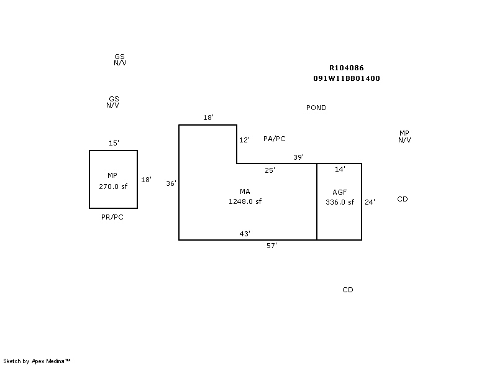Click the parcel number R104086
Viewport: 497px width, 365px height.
coord(347,68)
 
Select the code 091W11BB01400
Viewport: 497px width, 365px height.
coord(347,79)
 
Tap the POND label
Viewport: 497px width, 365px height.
coord(316,108)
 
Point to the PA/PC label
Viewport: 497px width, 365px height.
coord(274,139)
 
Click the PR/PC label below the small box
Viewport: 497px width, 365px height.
coord(112,217)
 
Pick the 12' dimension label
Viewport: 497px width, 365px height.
coord(244,141)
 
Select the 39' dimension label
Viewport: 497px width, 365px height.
coord(298,157)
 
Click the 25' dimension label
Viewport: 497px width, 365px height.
coord(270,170)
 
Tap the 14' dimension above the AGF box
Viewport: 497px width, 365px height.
coord(340,169)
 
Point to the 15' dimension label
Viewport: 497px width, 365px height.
coord(114,143)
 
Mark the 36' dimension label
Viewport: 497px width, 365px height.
coord(171,183)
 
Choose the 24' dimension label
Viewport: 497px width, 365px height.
coord(370,201)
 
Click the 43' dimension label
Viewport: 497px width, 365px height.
coord(245,234)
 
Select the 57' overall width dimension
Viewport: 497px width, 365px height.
coord(271,246)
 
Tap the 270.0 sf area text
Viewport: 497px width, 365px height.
coord(113,186)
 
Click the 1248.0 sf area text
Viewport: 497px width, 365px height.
coord(245,201)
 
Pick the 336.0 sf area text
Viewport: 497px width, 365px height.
coord(339,201)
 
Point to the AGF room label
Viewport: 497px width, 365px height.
coord(339,192)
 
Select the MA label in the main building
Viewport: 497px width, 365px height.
coord(245,192)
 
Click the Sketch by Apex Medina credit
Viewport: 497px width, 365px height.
coord(37,361)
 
